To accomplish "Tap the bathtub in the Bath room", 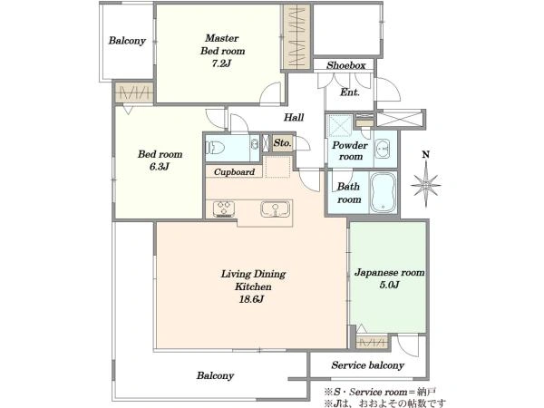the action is pyautogui.click(x=383, y=192).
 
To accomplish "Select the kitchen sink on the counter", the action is pyautogui.click(x=275, y=209).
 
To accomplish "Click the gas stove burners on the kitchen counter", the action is pyautogui.click(x=223, y=209).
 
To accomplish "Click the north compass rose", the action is pyautogui.click(x=426, y=185).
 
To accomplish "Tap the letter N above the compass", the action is pyautogui.click(x=426, y=154).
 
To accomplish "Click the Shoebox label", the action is pyautogui.click(x=346, y=65).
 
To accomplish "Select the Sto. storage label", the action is pyautogui.click(x=282, y=142).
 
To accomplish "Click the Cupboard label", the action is pyautogui.click(x=234, y=171).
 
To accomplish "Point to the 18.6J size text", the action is pyautogui.click(x=251, y=299).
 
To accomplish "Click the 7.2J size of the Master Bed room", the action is pyautogui.click(x=221, y=63).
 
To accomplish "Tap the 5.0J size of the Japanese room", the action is pyautogui.click(x=389, y=286).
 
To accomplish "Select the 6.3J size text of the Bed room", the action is pyautogui.click(x=160, y=167).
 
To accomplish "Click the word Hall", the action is pyautogui.click(x=294, y=117).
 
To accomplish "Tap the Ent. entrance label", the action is pyautogui.click(x=350, y=92).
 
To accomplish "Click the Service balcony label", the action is pyautogui.click(x=368, y=365).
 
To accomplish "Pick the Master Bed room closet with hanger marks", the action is pyautogui.click(x=296, y=37).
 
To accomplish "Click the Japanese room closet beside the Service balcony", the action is pyautogui.click(x=372, y=343).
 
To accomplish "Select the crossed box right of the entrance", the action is pyautogui.click(x=400, y=119).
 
